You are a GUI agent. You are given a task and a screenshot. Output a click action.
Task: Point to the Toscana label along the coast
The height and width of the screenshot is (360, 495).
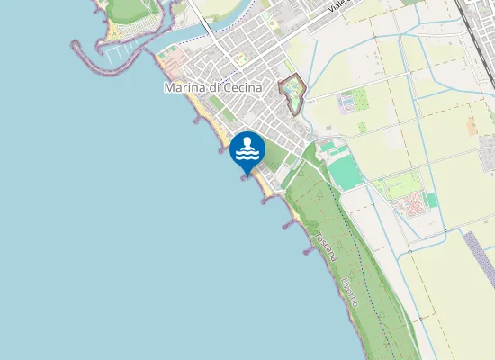326,246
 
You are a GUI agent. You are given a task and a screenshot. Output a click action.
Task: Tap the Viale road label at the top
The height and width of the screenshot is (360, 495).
337,6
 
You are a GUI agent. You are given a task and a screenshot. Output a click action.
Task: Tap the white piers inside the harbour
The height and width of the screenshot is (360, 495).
117,52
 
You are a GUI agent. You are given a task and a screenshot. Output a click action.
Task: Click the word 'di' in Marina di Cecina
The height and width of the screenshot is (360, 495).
215,88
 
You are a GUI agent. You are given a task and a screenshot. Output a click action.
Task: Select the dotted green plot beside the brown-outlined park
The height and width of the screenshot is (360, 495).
346,104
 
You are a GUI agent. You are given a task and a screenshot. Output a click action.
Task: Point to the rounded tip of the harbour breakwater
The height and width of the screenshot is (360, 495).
76,43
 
